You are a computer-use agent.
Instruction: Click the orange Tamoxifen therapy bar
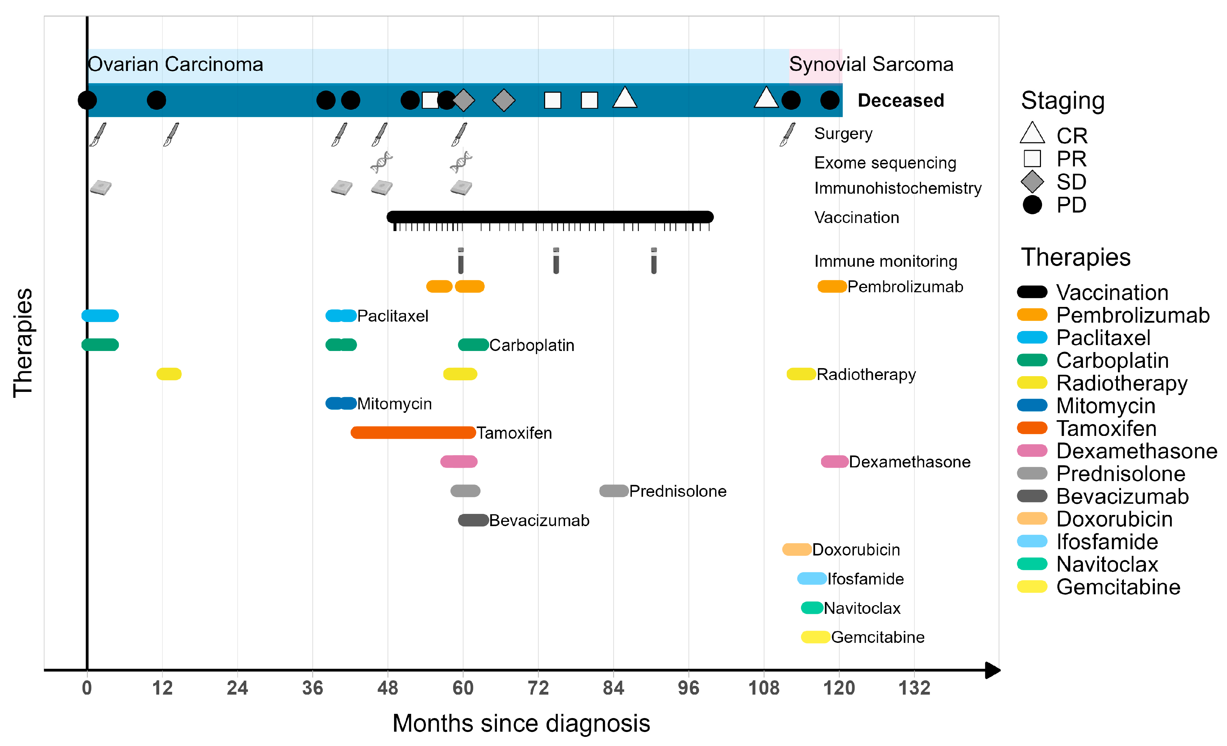pos(413,432)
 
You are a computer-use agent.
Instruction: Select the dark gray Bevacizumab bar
pos(473,520)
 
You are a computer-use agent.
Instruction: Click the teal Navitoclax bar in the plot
pos(812,608)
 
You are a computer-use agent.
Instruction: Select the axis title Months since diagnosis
pos(521,723)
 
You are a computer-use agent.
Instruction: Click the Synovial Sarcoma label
pos(871,64)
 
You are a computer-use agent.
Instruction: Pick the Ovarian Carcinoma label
pos(175,64)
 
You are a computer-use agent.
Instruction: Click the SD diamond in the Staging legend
pos(1032,181)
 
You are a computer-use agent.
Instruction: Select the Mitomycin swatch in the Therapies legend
pos(1032,406)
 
